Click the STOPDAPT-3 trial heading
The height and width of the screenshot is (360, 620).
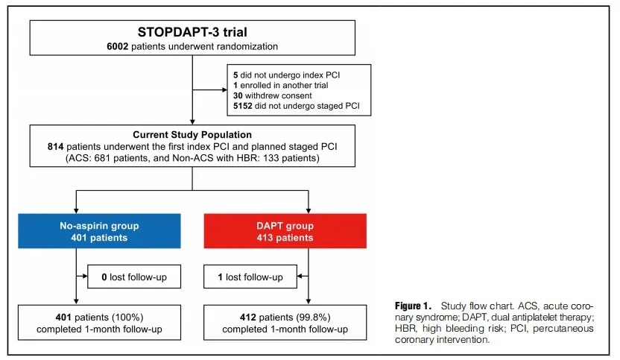coord(192,32)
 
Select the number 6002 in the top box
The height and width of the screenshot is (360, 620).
coord(118,47)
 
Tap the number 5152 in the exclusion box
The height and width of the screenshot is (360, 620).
coord(242,106)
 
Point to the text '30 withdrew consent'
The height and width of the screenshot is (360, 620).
coord(273,95)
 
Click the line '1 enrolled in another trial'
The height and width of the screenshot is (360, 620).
coord(281,86)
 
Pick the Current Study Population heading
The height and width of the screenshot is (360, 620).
coord(192,135)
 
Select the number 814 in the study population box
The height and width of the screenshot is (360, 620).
coord(55,147)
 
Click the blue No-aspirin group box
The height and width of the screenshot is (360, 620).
coord(99,231)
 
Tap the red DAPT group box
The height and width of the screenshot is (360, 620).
coord(285,231)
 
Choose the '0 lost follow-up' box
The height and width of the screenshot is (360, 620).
coord(134,277)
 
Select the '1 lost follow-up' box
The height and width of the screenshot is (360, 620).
coord(250,277)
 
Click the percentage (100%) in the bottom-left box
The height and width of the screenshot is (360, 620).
coord(127,318)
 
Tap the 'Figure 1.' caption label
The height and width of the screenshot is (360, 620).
coord(413,306)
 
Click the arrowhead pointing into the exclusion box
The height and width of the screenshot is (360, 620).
coord(224,89)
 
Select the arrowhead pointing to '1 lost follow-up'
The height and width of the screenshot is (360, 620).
coord(300,276)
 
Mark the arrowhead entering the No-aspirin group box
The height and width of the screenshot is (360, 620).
coord(76,210)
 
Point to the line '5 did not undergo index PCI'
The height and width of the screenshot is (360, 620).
coord(286,75)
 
